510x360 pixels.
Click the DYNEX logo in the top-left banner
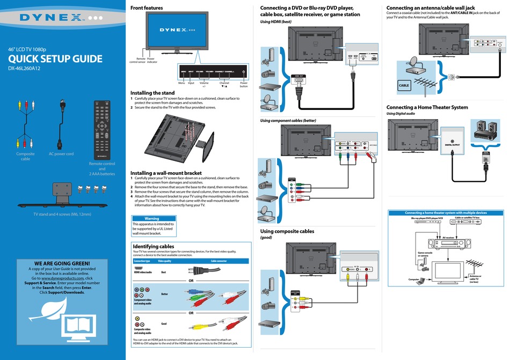(52, 17)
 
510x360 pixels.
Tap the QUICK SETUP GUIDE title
(55, 59)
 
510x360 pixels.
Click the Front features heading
(147, 8)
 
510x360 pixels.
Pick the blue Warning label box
(152, 218)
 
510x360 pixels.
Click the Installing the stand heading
(152, 93)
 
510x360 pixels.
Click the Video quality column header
(164, 261)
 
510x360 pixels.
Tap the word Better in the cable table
(164, 294)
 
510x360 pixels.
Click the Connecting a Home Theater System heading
(427, 107)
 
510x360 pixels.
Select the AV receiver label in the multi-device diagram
(448, 237)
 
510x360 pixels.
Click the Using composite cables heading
(287, 231)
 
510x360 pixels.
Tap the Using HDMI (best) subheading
(275, 21)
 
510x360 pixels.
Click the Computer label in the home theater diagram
(413, 279)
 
